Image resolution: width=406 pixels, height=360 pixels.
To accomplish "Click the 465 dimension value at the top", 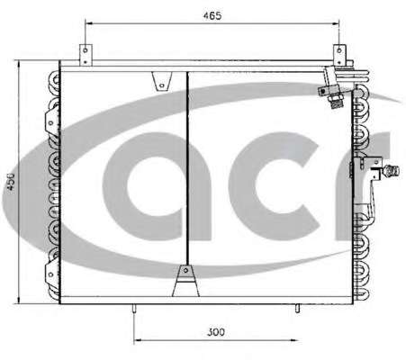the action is pos(212,15).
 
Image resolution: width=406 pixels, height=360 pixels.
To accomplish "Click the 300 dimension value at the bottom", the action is pos(216,332).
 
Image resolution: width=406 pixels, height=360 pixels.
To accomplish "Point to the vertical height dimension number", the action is pos(11,182).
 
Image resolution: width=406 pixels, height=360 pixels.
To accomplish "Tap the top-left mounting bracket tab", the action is pos(86,55).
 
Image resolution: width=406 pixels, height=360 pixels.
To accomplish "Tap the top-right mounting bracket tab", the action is pos(339,55).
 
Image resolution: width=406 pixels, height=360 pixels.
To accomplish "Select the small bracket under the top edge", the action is pos(162,81).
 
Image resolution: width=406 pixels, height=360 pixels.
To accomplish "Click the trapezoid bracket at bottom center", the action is pos(185,281).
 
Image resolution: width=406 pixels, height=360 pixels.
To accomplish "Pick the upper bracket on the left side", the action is pos(51,121).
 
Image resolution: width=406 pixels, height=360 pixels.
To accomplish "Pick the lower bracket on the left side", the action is pos(51,274).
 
